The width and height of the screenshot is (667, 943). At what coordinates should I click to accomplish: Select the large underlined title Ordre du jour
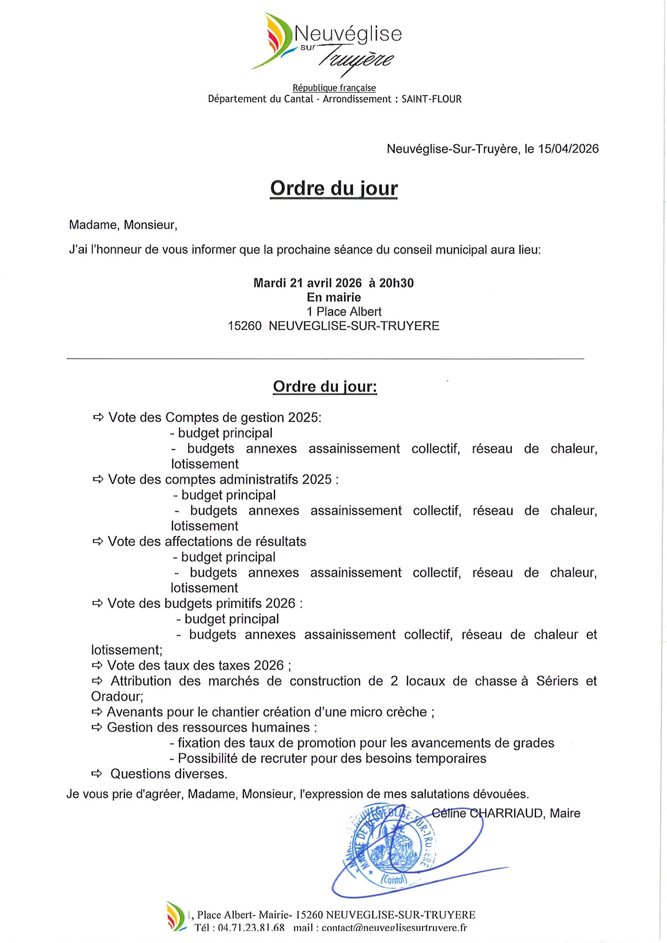click(x=334, y=188)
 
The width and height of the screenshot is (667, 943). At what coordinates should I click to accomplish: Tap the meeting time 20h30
click(x=396, y=283)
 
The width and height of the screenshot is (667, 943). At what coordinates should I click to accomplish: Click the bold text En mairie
click(x=334, y=297)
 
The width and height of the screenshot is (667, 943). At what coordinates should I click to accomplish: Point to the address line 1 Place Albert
click(x=344, y=311)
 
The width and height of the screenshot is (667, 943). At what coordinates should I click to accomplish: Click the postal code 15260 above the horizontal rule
click(x=245, y=325)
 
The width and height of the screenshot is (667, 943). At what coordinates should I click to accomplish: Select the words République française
click(x=334, y=88)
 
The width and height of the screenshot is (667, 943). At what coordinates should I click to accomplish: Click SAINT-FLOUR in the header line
click(x=431, y=99)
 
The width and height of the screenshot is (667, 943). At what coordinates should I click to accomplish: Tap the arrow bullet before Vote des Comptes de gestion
click(x=98, y=417)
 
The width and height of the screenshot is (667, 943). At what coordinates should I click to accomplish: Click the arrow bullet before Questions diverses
click(x=97, y=774)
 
